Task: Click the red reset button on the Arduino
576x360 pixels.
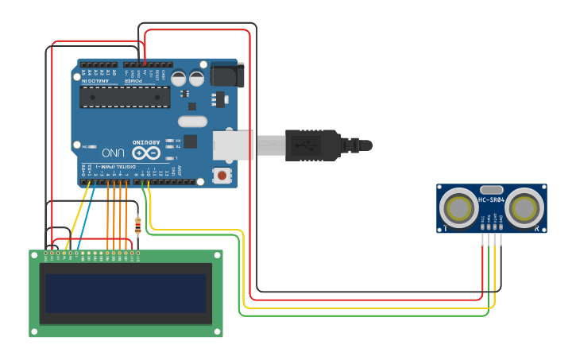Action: (223, 175)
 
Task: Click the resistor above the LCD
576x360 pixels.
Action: (138, 226)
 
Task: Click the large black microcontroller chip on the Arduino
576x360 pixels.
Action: (125, 97)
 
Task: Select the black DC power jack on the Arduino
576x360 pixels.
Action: (226, 75)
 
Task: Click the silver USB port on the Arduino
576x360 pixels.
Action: (232, 145)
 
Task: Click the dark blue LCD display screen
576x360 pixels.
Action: (126, 293)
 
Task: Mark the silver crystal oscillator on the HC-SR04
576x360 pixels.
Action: (492, 191)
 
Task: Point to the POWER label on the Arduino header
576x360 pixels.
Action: (133, 80)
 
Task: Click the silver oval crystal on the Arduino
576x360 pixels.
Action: (192, 122)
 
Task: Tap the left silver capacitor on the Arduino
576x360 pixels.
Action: (179, 79)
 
